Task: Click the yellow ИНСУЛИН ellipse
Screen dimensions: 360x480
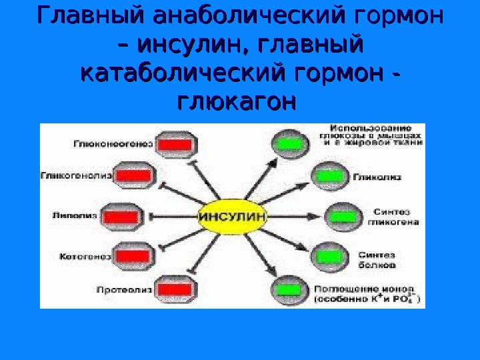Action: click(x=233, y=216)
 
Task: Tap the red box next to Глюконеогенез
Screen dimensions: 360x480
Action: click(x=176, y=145)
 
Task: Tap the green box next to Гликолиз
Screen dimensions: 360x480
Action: click(x=327, y=177)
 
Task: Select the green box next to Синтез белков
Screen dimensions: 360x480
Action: click(x=327, y=256)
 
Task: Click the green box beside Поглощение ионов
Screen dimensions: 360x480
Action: click(x=289, y=290)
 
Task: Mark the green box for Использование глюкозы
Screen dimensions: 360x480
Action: click(x=289, y=143)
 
